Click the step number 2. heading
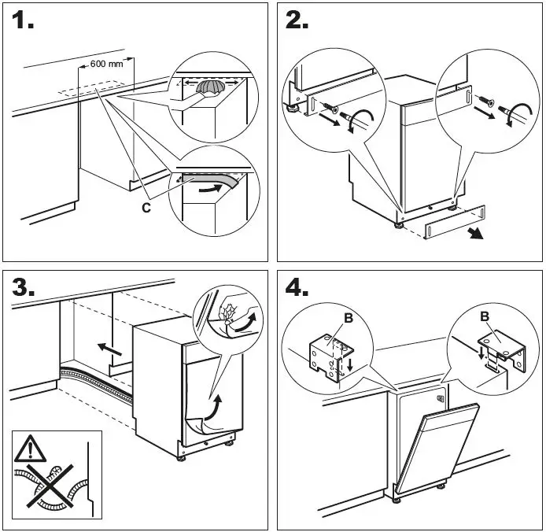click(x=297, y=20)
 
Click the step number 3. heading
click(x=24, y=287)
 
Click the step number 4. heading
click(x=297, y=287)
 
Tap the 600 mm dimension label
click(x=108, y=63)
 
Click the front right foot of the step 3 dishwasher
click(x=231, y=443)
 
